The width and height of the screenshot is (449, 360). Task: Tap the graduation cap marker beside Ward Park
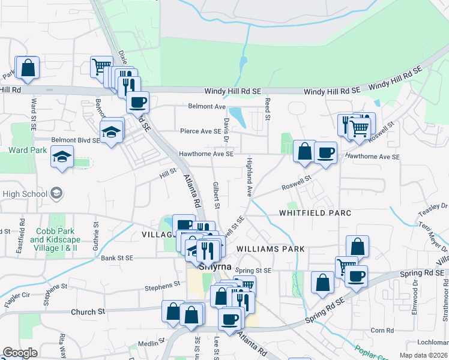(x=62, y=157)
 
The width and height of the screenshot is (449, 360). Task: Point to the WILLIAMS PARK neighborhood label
(x=270, y=248)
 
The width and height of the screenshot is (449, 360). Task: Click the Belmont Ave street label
(x=206, y=106)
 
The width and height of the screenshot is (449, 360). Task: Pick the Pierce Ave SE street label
(x=200, y=131)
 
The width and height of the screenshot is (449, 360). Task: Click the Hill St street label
(x=167, y=173)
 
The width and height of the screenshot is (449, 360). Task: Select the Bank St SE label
(x=116, y=259)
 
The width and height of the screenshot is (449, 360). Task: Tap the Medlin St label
(x=147, y=344)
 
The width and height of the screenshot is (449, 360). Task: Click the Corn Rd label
(x=382, y=330)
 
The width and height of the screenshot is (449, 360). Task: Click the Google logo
(x=20, y=353)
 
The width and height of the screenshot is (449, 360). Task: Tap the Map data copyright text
(x=424, y=355)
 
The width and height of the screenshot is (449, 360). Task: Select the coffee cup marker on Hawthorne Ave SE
(x=325, y=153)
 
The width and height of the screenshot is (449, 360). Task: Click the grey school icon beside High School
(x=56, y=193)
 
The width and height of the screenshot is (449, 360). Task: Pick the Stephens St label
(x=163, y=285)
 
